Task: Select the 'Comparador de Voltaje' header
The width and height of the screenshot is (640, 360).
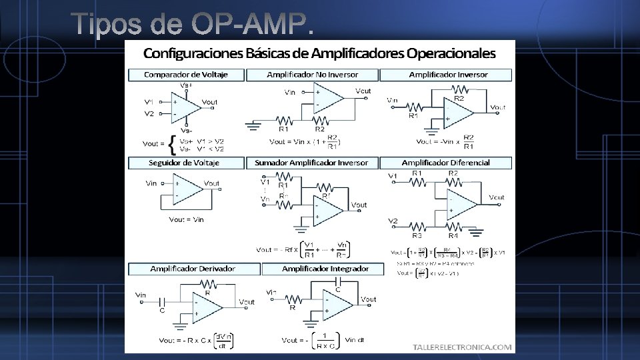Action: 186,75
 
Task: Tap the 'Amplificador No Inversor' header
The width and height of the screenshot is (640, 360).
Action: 312,75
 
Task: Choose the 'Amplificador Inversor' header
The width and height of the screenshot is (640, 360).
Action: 448,75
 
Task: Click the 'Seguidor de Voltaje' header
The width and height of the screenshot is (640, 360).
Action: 183,163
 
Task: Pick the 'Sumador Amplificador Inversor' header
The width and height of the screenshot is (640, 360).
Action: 312,163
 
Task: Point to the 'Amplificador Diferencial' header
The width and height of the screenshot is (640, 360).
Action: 445,163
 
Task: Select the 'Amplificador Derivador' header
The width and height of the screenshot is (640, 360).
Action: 193,269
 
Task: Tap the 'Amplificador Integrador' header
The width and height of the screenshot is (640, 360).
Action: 325,269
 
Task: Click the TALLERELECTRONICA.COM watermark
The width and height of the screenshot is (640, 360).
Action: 463,347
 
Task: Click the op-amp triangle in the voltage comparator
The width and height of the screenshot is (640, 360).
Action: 185,107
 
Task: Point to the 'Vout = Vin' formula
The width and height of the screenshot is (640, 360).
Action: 186,219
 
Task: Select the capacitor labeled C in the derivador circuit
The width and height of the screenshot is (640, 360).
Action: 161,301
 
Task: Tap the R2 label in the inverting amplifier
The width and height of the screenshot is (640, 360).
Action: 459,99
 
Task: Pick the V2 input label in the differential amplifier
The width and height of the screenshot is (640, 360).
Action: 393,221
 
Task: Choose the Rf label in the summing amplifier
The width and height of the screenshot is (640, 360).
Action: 325,196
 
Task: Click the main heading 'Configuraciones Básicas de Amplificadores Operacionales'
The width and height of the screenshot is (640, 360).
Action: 320,53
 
